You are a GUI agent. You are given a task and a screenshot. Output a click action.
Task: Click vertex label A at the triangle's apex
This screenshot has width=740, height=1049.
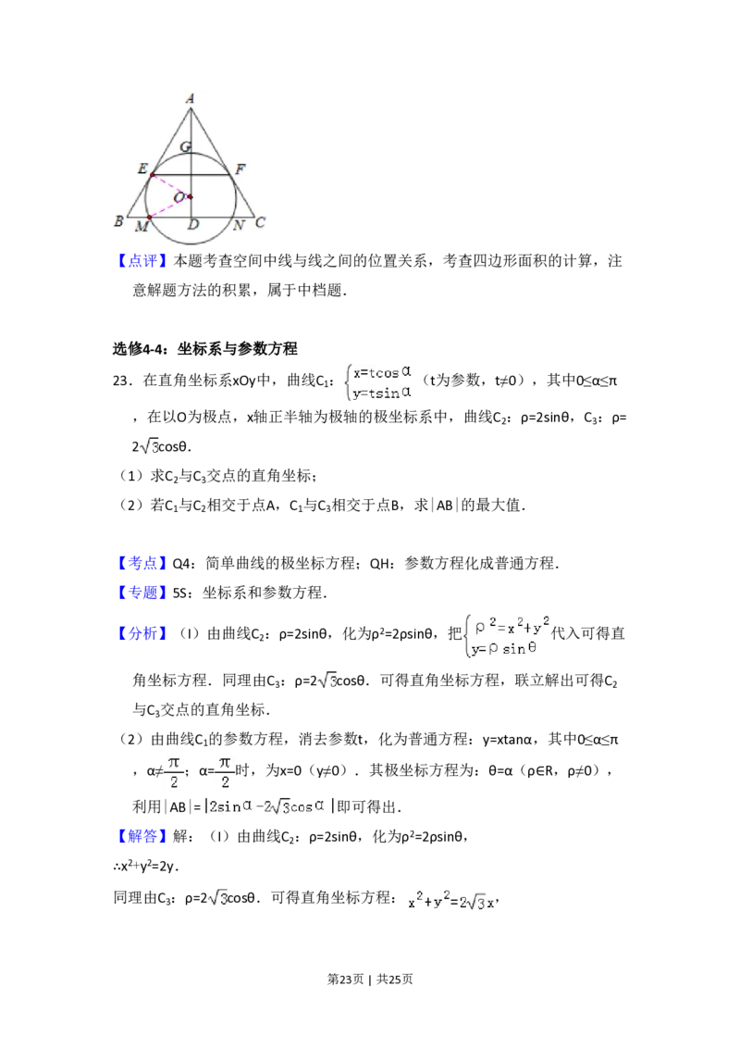tap(190, 98)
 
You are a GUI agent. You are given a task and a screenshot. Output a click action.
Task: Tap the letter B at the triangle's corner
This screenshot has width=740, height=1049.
tap(118, 221)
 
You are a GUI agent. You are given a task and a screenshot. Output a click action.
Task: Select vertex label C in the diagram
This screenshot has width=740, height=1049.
tap(260, 222)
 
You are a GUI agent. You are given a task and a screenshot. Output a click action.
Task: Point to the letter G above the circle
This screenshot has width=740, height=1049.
tap(186, 147)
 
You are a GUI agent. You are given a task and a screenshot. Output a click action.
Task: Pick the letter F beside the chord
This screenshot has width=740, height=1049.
tap(240, 169)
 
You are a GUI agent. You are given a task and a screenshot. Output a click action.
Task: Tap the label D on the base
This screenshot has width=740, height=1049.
tap(192, 225)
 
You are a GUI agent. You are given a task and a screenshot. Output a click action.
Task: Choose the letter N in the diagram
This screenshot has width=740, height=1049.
tap(239, 225)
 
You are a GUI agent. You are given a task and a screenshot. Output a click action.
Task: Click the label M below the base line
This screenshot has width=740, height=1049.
tap(142, 227)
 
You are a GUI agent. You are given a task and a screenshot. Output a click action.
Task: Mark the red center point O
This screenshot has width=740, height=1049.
tap(190, 196)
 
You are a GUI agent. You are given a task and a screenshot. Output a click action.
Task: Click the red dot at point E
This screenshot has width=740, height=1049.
tap(153, 175)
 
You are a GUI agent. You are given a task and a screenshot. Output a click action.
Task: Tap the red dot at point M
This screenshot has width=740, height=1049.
tap(149, 218)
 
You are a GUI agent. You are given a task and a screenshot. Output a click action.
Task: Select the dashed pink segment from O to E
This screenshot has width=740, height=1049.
tap(171, 185)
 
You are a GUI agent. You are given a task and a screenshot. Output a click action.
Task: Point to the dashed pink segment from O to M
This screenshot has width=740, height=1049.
tap(169, 207)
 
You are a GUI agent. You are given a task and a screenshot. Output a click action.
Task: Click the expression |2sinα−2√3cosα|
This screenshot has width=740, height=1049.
tap(269, 806)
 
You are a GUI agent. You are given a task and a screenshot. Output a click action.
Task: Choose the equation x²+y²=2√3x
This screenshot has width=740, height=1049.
tap(448, 900)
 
